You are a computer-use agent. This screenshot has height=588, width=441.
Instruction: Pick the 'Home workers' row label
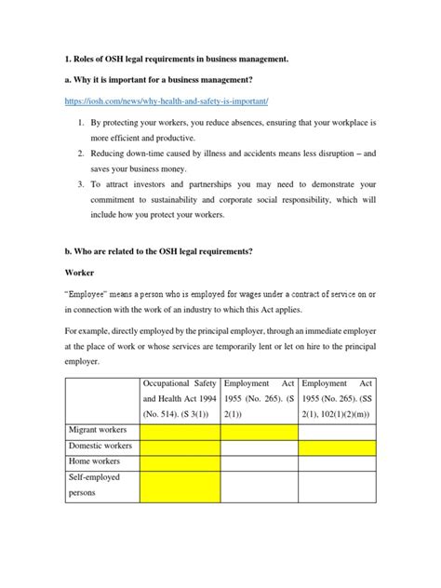coord(94,464)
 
